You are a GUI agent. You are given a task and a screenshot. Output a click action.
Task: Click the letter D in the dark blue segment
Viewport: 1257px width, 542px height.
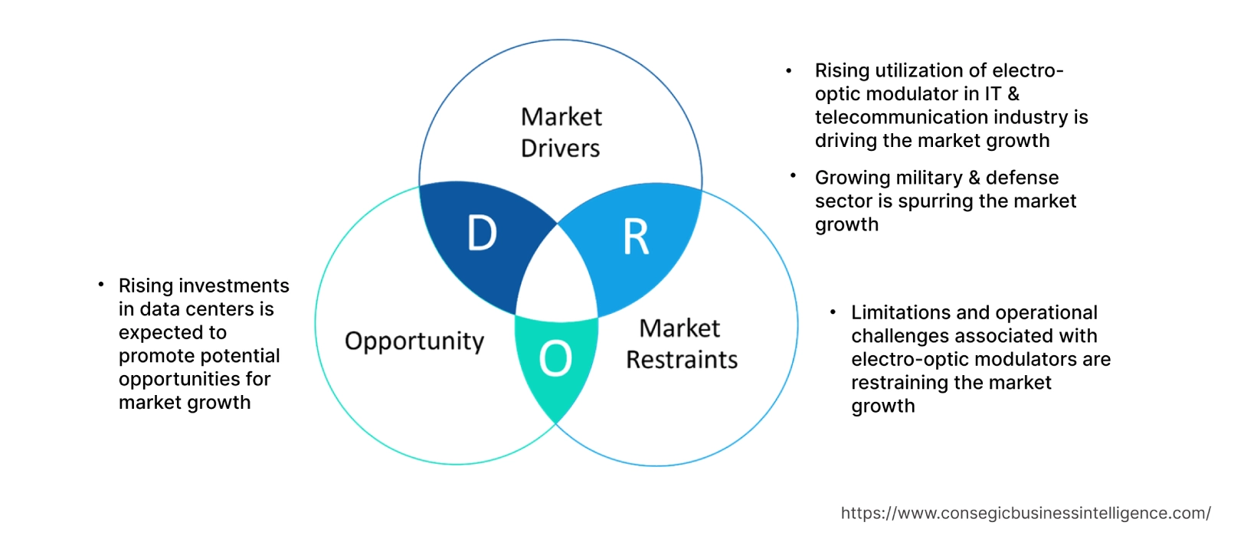(x=482, y=233)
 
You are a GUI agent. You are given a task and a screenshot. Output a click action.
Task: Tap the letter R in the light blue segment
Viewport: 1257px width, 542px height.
(x=636, y=237)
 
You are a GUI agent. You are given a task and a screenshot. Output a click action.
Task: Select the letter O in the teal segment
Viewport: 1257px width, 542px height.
(x=555, y=358)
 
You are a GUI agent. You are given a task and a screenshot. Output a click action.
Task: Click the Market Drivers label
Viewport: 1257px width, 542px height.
(x=561, y=132)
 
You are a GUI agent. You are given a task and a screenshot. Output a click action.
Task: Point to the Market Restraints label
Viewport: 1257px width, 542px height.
(x=681, y=344)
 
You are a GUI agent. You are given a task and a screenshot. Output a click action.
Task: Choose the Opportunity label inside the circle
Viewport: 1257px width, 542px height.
(x=414, y=341)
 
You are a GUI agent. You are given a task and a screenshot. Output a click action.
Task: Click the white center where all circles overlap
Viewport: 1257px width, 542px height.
(x=558, y=279)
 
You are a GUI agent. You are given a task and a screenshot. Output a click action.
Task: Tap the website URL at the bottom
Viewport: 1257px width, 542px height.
(x=1025, y=513)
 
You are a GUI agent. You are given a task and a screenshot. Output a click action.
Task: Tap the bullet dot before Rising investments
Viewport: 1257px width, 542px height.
(x=101, y=285)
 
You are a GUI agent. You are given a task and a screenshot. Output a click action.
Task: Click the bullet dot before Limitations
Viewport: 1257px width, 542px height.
(x=833, y=312)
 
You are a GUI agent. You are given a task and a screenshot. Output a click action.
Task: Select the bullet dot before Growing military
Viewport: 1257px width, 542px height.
(x=793, y=176)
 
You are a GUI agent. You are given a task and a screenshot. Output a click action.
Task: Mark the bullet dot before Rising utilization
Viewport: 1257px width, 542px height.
(x=789, y=71)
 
